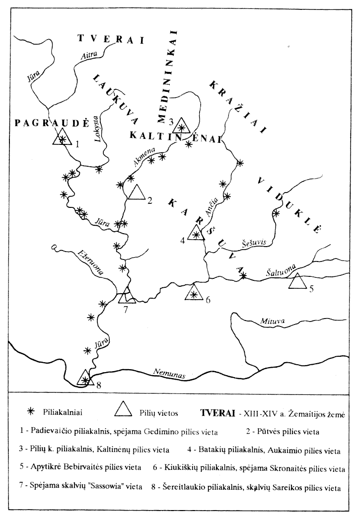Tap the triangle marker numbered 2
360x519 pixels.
coord(136,192)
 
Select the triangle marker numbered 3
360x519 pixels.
coord(181,126)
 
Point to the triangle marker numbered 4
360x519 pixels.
coord(196,233)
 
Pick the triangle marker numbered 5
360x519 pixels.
coord(298,281)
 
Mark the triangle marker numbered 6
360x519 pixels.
coord(193,293)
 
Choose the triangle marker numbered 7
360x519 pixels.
coord(127,295)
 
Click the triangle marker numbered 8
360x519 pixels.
coord(85,379)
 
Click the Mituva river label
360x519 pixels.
coord(273,322)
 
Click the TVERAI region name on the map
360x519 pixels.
coord(110,39)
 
